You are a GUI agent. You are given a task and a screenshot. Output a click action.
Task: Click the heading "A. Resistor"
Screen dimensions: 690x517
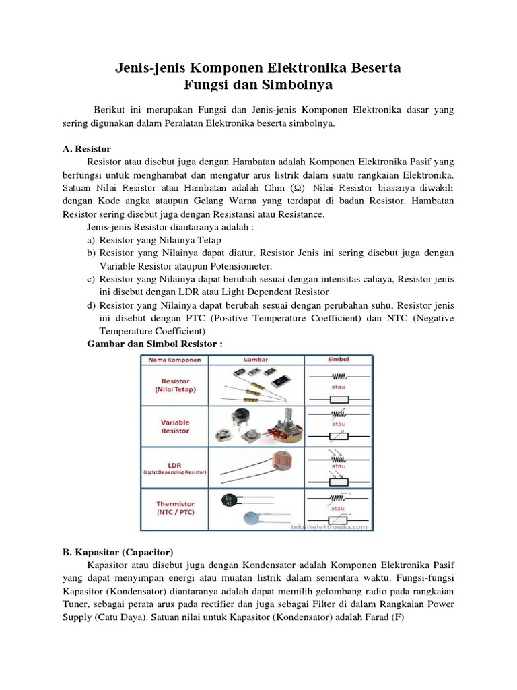click(x=87, y=148)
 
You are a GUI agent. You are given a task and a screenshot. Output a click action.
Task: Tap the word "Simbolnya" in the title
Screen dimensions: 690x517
click(x=302, y=86)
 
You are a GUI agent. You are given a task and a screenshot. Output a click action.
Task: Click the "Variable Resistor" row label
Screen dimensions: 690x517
click(x=175, y=427)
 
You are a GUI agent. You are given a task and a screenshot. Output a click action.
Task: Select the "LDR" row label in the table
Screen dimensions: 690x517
click(x=175, y=465)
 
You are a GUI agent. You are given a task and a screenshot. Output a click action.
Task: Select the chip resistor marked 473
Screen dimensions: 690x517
click(x=278, y=381)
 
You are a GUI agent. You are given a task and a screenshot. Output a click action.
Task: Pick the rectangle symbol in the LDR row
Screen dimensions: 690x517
click(x=339, y=482)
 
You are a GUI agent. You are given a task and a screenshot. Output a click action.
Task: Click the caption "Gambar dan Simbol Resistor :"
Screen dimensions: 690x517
click(x=155, y=344)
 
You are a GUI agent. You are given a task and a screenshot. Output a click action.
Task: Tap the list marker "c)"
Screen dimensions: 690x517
click(x=91, y=279)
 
